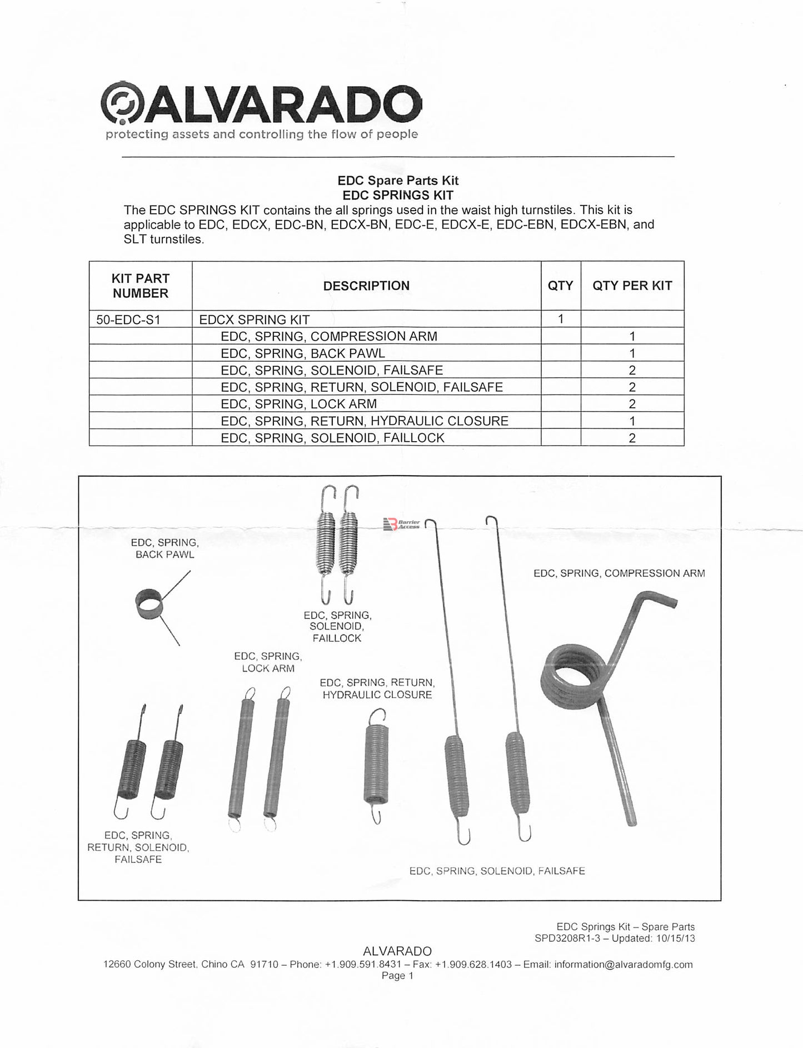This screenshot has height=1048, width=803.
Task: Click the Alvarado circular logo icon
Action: point(122,104)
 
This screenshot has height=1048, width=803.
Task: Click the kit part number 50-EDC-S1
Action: point(128,320)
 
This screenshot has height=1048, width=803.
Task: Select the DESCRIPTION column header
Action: point(366,286)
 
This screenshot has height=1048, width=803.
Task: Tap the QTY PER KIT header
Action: point(632,286)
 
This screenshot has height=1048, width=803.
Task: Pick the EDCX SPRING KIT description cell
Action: point(254,320)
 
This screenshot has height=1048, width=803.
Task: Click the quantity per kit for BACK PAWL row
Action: point(632,353)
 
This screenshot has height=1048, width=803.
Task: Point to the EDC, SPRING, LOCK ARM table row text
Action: point(298,404)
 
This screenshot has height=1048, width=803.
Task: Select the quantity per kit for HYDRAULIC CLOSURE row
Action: point(632,421)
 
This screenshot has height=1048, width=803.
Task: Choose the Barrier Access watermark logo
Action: point(401,524)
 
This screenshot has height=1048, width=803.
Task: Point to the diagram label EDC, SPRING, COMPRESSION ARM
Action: point(619,573)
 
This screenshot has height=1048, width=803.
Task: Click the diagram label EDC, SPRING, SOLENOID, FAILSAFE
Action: point(497,871)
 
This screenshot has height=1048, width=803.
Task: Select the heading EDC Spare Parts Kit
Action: point(398,180)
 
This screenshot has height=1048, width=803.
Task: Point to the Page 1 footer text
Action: point(397,976)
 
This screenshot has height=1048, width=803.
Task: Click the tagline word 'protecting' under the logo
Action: point(129,134)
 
